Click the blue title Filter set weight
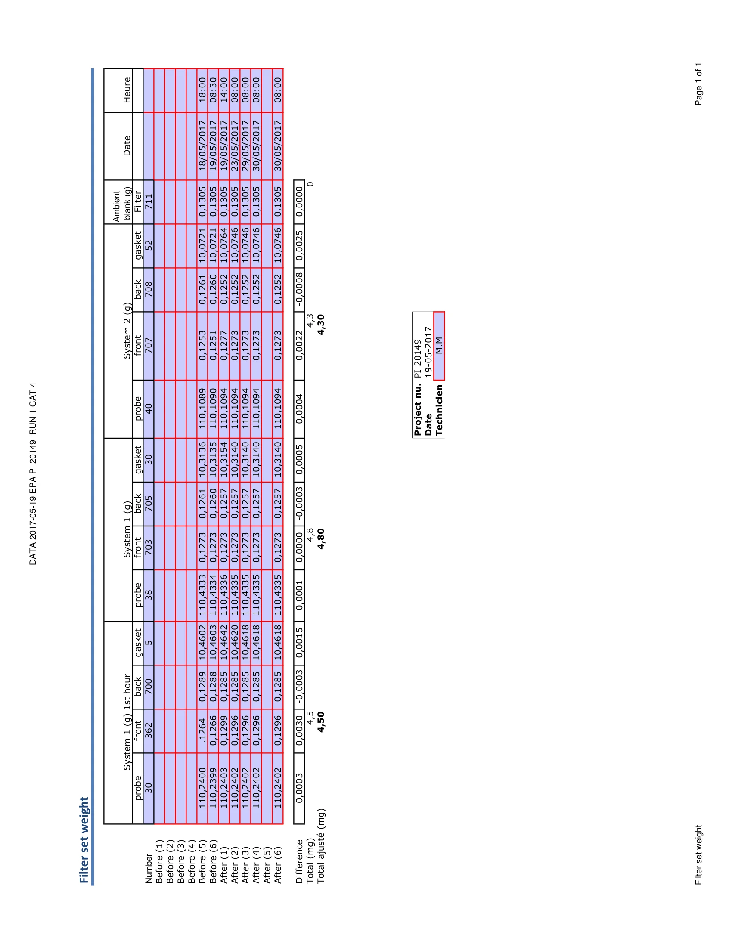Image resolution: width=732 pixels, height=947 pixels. [84, 840]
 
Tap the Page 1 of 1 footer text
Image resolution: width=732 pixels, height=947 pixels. [698, 84]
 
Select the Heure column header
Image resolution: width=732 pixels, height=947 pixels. [127, 90]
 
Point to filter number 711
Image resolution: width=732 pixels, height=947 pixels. [149, 201]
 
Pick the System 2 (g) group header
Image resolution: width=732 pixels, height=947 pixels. [127, 331]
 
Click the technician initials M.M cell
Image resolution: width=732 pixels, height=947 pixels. [439, 346]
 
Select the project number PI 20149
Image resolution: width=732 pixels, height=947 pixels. [417, 358]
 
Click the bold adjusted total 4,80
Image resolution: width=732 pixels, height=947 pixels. [321, 539]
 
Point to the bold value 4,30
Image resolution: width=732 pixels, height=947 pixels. [321, 325]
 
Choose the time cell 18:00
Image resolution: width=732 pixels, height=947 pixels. [202, 90]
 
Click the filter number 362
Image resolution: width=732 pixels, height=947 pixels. [149, 730]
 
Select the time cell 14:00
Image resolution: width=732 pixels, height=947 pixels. [224, 90]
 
